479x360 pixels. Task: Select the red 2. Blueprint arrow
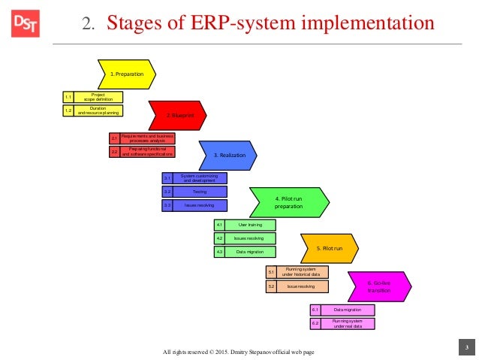[176, 115]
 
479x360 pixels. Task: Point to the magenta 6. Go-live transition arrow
[380, 286]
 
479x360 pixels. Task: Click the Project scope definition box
[98, 97]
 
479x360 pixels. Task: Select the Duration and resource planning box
[98, 110]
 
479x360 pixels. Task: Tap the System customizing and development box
[199, 178]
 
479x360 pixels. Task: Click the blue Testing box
[199, 192]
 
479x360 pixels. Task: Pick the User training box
[249, 225]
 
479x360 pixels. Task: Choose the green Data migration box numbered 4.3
[249, 252]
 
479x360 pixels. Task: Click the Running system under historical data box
[303, 272]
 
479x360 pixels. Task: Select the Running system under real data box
[348, 323]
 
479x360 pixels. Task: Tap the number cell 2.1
[114, 138]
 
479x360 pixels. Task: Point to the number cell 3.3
[167, 205]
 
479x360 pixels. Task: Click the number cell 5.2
[271, 286]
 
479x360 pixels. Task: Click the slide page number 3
[466, 346]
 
